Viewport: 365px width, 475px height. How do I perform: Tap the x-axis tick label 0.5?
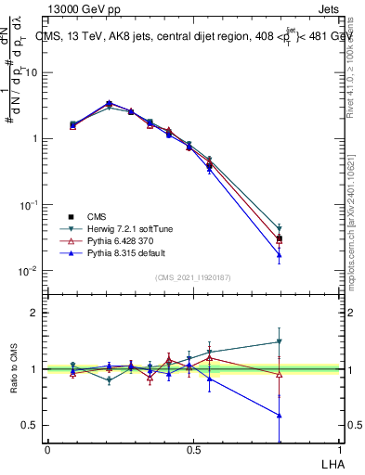[193, 449]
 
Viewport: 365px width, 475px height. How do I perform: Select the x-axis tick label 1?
[340, 449]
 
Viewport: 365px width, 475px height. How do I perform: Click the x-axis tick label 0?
[47, 449]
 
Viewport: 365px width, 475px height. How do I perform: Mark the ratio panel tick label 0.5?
[29, 425]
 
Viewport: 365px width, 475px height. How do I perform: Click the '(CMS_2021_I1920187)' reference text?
[193, 277]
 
